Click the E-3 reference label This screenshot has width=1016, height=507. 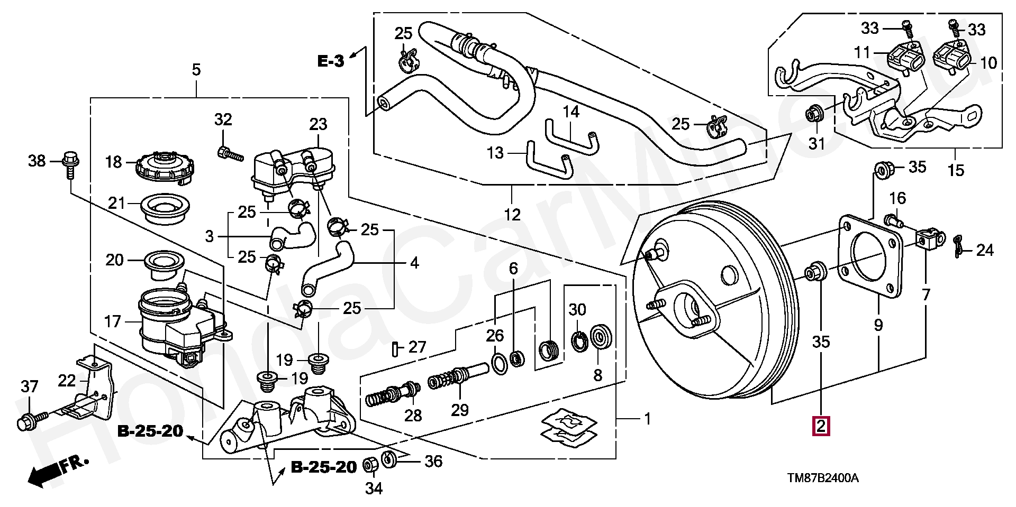click(x=331, y=61)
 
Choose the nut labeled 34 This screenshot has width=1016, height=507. click(x=371, y=465)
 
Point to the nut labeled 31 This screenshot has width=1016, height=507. click(x=813, y=113)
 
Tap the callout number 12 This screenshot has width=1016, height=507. click(x=512, y=215)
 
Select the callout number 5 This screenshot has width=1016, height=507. click(x=196, y=70)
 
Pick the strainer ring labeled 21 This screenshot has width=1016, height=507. click(x=165, y=210)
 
